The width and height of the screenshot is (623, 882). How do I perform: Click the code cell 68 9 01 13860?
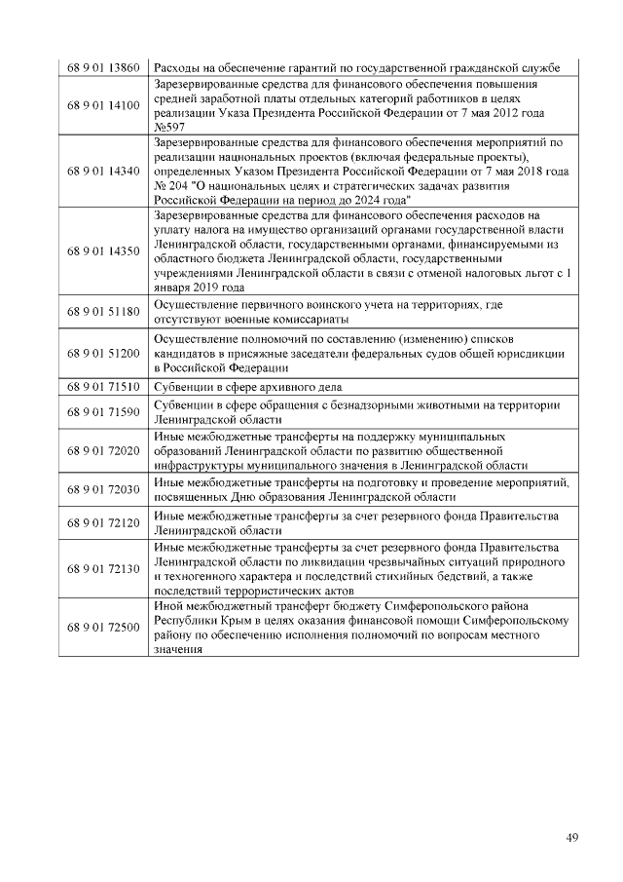tap(103, 68)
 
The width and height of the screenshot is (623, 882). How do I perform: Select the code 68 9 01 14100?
tap(103, 105)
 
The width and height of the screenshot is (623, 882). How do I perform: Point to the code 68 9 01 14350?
tap(103, 251)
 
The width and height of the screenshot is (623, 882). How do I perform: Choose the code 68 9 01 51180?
tap(103, 312)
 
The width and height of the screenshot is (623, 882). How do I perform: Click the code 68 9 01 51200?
tap(103, 353)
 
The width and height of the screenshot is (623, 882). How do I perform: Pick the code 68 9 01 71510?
tap(103, 387)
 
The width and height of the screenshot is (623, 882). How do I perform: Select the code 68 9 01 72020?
tap(103, 452)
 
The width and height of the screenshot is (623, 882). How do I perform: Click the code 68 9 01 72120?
tap(103, 523)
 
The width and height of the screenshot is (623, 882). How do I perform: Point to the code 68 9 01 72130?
tap(103, 568)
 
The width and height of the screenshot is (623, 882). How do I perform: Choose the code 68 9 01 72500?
tap(103, 632)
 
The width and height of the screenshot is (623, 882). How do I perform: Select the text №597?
tap(170, 127)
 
